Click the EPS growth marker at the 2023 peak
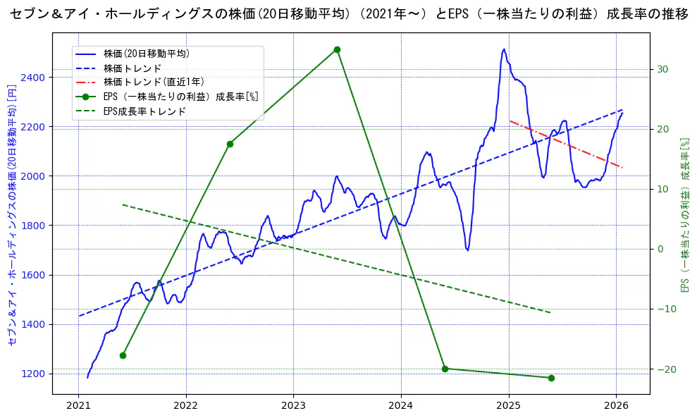click(x=337, y=49)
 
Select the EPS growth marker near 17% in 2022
click(x=230, y=144)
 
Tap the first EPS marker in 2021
click(x=123, y=355)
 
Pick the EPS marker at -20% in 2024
click(x=445, y=369)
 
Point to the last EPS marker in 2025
click(x=551, y=378)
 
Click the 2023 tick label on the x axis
click(x=293, y=405)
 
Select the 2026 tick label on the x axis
click(x=616, y=405)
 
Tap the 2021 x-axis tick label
click(x=78, y=405)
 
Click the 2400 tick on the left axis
click(x=35, y=77)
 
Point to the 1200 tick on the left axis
click(x=35, y=374)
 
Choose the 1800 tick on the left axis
click(x=35, y=226)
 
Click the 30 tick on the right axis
click(x=662, y=69)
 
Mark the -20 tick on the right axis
click(x=665, y=369)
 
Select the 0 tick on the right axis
click(x=660, y=249)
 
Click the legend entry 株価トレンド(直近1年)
click(x=154, y=82)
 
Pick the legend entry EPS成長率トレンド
click(x=144, y=111)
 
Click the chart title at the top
click(x=348, y=14)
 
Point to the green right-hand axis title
click(x=684, y=215)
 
